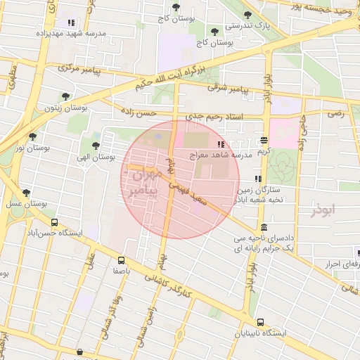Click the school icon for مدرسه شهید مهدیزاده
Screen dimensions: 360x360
tap(70, 22)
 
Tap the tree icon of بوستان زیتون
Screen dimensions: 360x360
tap(66, 97)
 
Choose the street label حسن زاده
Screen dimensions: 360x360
tap(136, 112)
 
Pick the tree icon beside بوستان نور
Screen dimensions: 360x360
tap(32, 136)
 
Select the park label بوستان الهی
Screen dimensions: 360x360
tap(98, 158)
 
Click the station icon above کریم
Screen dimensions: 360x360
tap(264, 140)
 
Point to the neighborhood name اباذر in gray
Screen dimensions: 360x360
tap(322, 210)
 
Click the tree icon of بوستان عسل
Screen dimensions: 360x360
tap(26, 192)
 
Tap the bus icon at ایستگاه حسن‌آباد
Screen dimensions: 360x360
tap(54, 222)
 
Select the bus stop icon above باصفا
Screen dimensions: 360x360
tap(122, 259)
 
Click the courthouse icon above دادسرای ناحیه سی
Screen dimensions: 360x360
tap(263, 228)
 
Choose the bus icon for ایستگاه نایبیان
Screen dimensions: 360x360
tap(261, 321)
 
